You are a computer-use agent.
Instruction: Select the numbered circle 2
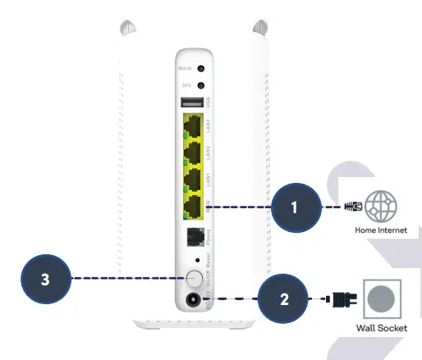point(284,298)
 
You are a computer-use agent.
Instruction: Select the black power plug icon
point(338,298)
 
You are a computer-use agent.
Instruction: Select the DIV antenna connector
point(200,85)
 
